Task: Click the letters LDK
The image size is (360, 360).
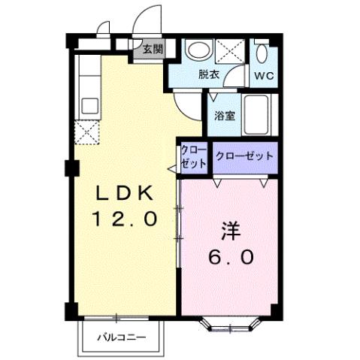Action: click(x=125, y=194)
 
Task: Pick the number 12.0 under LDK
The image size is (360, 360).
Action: click(x=125, y=219)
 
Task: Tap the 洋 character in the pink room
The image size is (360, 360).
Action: click(x=230, y=228)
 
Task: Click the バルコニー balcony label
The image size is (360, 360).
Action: click(x=120, y=337)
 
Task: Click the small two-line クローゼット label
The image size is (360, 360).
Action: click(x=193, y=157)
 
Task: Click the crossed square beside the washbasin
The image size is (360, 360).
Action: click(x=231, y=50)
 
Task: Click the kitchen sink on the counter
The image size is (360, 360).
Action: click(x=89, y=104)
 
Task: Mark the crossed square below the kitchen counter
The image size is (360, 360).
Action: click(x=87, y=132)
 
